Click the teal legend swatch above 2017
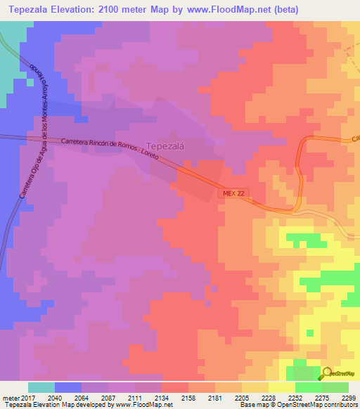click(x=41, y=387)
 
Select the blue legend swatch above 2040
click(x=68, y=387)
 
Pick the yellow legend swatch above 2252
click(x=282, y=387)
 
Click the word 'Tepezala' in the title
click(x=27, y=10)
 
